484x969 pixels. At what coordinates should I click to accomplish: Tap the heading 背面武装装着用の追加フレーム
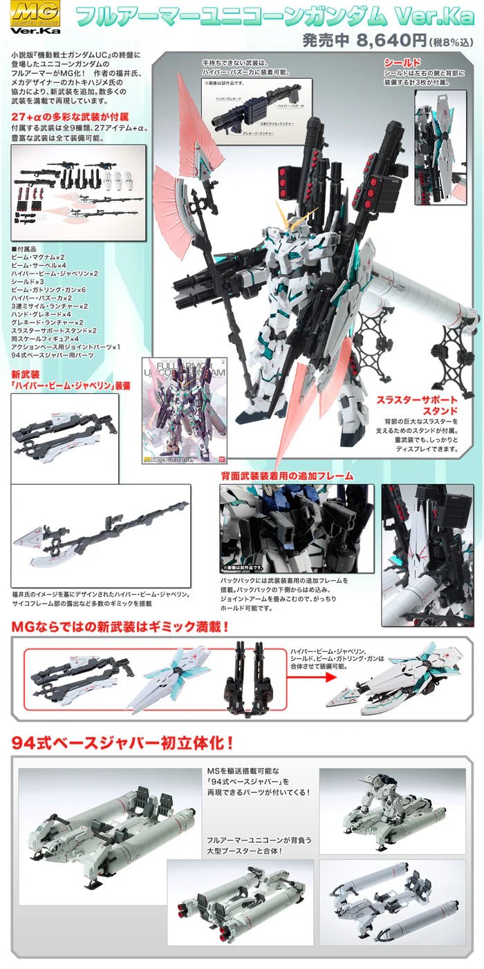[287, 475]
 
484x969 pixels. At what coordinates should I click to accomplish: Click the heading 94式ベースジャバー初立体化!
[122, 744]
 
